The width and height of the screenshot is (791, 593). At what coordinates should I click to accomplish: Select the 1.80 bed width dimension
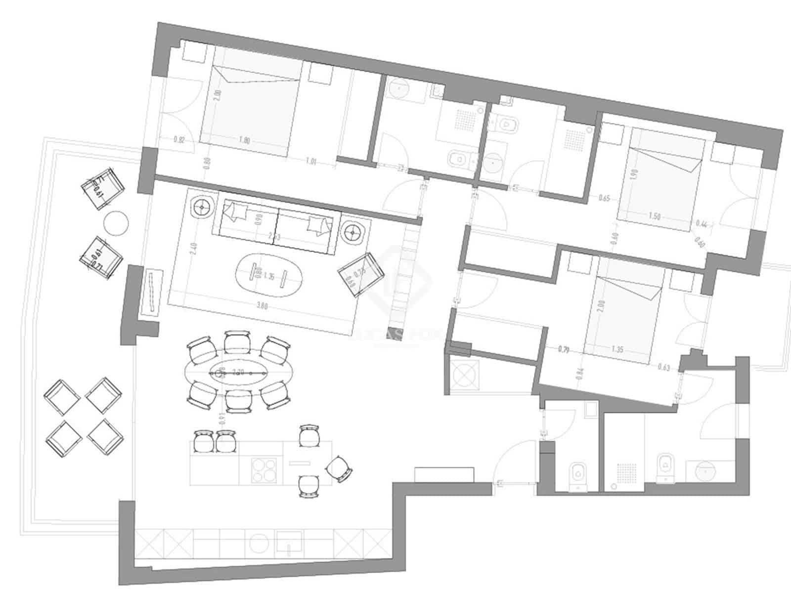point(244,140)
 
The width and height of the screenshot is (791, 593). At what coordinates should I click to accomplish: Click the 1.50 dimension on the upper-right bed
point(655,216)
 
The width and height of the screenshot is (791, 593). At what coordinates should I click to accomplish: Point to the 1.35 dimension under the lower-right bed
point(617,349)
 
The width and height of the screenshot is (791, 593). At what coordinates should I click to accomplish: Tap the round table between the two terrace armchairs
point(117,222)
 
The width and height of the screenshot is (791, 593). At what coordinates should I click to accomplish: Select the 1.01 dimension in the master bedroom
point(310,161)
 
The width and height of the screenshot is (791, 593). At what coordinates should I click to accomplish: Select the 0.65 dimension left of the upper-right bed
point(604,199)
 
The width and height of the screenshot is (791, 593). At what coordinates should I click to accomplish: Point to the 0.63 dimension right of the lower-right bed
point(664,367)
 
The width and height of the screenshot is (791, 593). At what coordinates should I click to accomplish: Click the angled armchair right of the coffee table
point(361,274)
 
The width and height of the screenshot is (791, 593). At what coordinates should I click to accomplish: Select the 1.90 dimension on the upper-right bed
point(635,173)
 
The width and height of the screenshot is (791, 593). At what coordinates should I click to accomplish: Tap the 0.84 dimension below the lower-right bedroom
point(580,373)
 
